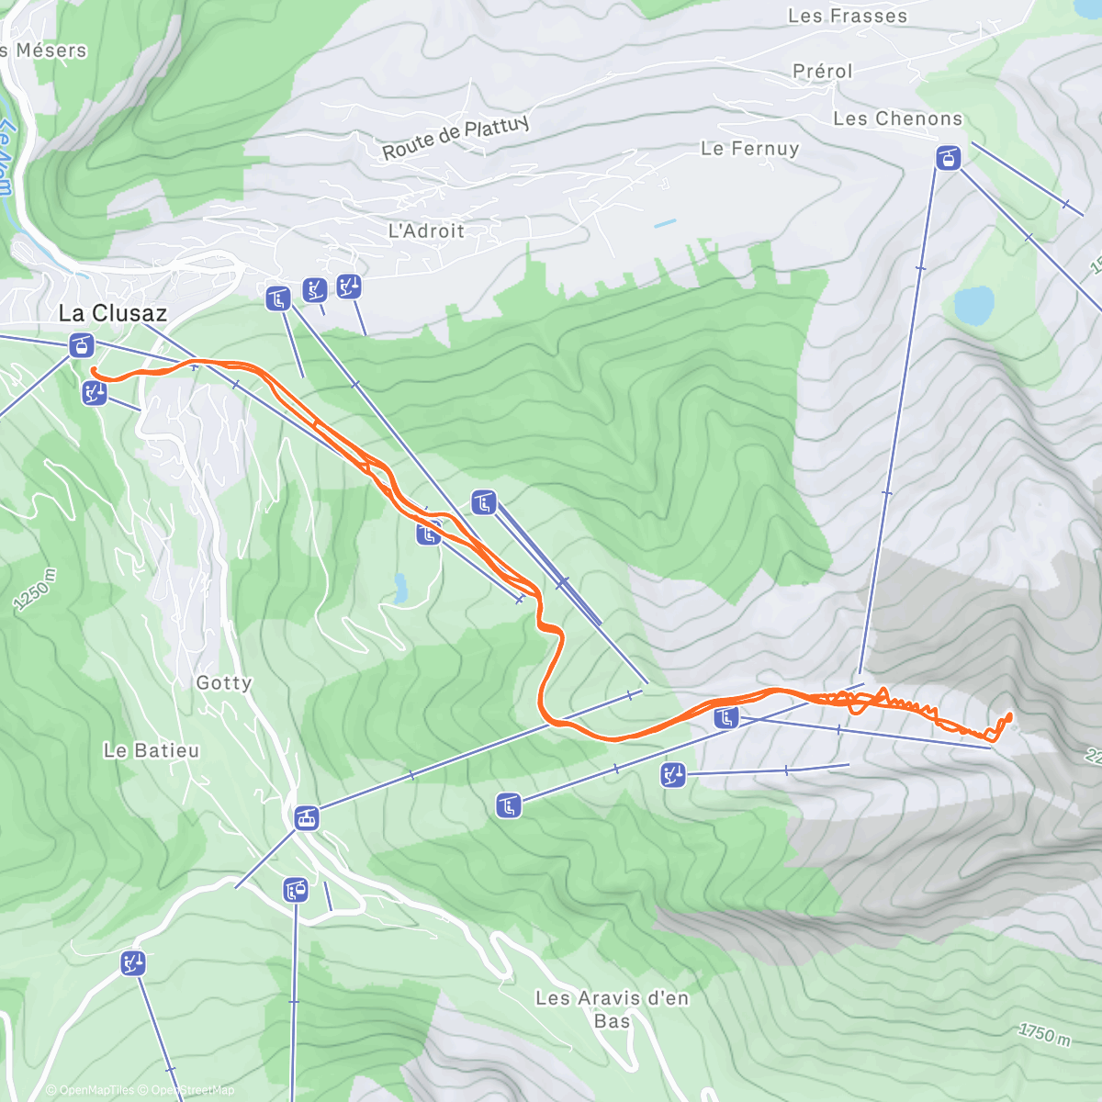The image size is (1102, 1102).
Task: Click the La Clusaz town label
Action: (x=112, y=313)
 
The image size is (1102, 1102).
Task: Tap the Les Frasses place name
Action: (x=847, y=16)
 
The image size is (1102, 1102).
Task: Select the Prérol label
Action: (x=822, y=71)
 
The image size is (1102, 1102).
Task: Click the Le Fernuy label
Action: (x=749, y=148)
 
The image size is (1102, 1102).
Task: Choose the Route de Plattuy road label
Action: (x=455, y=137)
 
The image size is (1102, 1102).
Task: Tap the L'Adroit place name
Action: (x=426, y=231)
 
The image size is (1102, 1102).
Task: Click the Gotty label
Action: (x=223, y=682)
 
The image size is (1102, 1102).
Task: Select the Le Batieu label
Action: (x=151, y=750)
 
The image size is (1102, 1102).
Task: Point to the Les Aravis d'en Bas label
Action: (x=612, y=1008)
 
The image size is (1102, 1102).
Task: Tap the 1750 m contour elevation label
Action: (x=1044, y=1033)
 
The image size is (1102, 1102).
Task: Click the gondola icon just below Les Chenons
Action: (x=948, y=158)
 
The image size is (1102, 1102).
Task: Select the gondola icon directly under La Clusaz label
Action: (x=82, y=346)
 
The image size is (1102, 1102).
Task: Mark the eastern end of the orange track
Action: (x=1009, y=715)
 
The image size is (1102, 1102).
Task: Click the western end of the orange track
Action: (x=94, y=370)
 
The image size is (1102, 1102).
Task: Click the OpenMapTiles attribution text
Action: (x=89, y=1090)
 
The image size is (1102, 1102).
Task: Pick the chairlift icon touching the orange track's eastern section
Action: (x=726, y=717)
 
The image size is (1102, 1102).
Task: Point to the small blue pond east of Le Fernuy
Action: (x=665, y=223)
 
